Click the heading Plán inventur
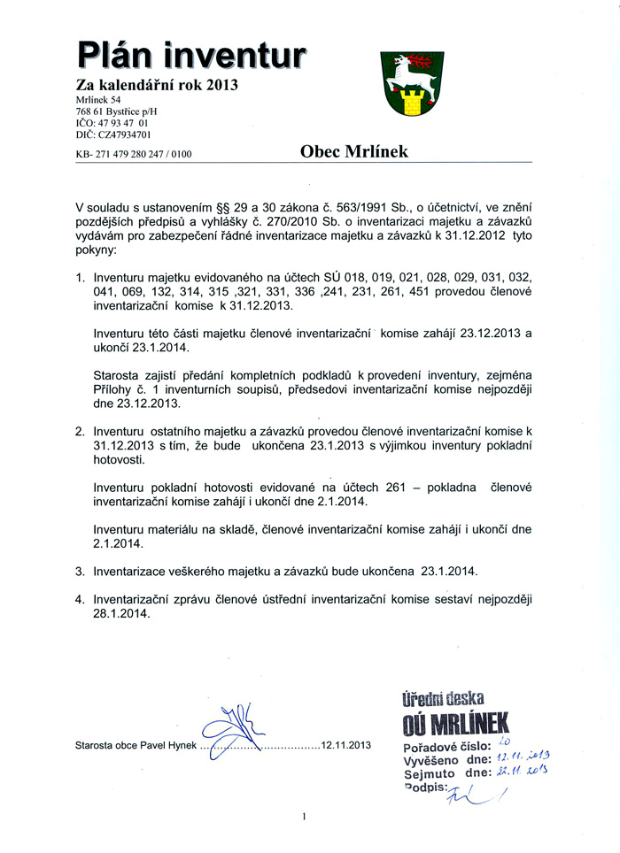191,56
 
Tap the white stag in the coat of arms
408,68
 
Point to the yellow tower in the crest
410,104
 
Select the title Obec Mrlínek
353,151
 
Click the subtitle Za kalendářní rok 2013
157,86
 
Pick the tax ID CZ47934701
122,135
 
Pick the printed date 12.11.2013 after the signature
345,745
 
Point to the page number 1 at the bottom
304,817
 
